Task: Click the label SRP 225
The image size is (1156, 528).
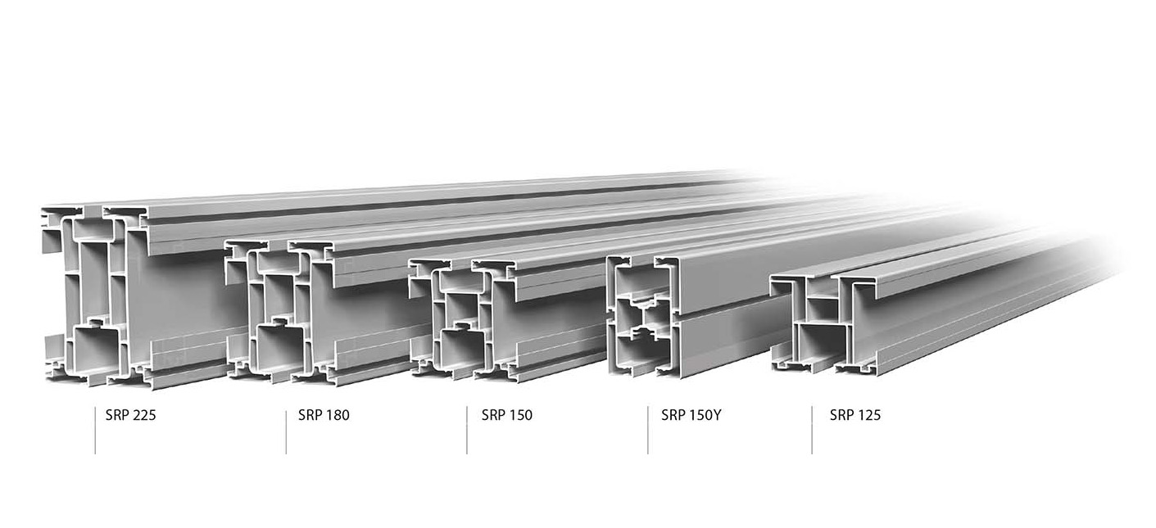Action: point(130,415)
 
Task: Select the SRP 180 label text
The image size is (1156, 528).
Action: point(323,415)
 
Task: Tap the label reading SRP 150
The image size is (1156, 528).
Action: point(506,415)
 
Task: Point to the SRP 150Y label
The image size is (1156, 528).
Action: point(691,415)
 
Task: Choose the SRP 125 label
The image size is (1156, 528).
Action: point(855,415)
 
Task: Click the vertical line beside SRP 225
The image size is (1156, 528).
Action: point(95,430)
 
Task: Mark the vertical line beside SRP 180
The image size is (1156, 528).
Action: point(286,430)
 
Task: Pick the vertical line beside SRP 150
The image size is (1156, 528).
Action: point(467,430)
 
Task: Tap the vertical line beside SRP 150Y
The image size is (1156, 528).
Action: point(648,430)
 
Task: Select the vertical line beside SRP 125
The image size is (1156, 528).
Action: point(812,430)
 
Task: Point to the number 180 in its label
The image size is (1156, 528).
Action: point(337,415)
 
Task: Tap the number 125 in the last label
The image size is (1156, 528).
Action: point(868,415)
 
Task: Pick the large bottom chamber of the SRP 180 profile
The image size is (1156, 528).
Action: point(279,348)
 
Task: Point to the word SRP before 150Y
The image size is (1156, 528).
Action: point(673,415)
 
